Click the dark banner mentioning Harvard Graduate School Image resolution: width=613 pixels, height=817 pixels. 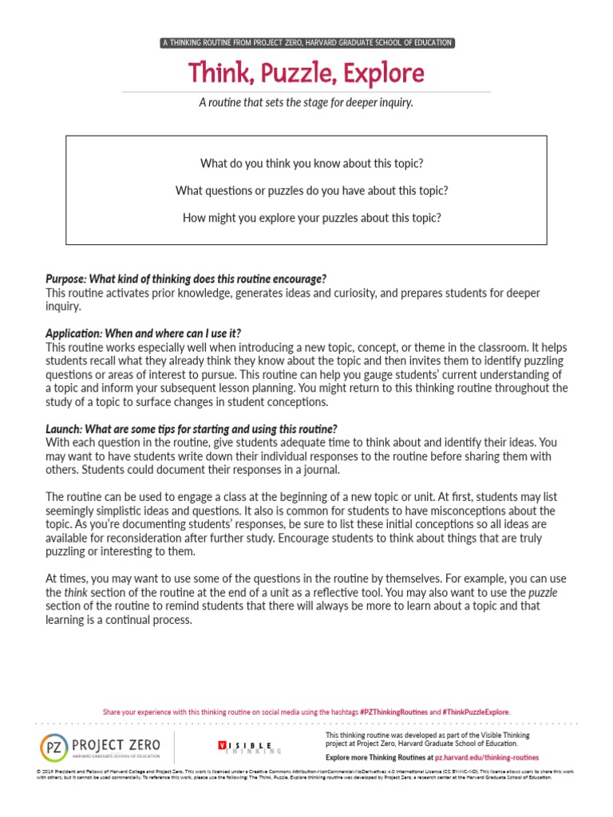(x=306, y=42)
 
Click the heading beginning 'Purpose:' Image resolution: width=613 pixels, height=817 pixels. (x=186, y=278)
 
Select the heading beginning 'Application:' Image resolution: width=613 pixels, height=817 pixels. (x=144, y=334)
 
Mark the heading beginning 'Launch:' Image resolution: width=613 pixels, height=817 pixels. (x=192, y=428)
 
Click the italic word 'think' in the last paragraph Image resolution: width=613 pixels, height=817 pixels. (x=75, y=593)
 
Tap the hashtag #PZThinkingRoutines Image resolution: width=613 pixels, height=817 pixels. (x=394, y=712)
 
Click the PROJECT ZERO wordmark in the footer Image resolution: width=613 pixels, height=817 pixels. (x=116, y=744)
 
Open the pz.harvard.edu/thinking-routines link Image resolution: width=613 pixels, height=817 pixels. (x=487, y=757)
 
